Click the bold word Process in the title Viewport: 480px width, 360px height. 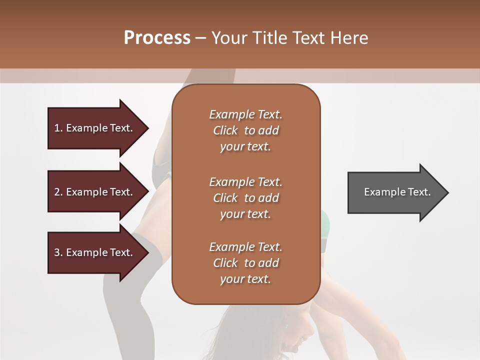click(x=157, y=38)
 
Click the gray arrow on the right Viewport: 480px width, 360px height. click(x=395, y=192)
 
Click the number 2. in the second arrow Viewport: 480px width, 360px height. click(x=58, y=192)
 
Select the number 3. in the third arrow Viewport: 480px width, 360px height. click(x=58, y=252)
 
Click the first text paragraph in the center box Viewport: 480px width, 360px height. click(x=245, y=130)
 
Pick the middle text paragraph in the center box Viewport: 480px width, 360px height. click(x=245, y=198)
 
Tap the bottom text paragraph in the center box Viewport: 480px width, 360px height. click(x=245, y=263)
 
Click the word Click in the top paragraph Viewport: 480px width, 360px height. click(x=225, y=130)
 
